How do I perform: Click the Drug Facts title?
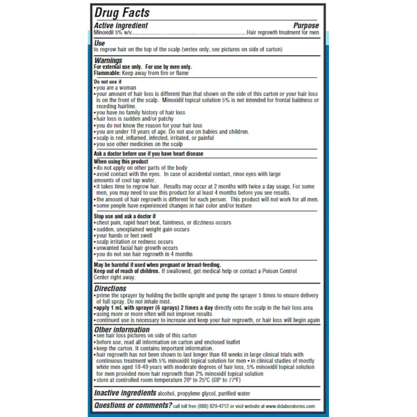(122, 12)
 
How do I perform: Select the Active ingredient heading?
(121, 25)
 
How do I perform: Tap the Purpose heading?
(306, 25)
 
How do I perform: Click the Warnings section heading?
(108, 60)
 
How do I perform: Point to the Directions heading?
(110, 288)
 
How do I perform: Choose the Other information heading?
(122, 329)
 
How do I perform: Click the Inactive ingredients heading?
(125, 393)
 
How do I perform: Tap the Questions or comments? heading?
(133, 405)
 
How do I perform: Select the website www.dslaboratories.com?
(290, 406)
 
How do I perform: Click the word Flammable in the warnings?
(107, 73)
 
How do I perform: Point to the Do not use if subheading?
(108, 82)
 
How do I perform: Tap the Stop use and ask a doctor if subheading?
(125, 216)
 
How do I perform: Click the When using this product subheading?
(121, 161)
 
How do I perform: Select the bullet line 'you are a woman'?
(116, 88)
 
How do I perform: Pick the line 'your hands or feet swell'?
(124, 236)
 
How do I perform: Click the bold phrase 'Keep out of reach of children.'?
(127, 271)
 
